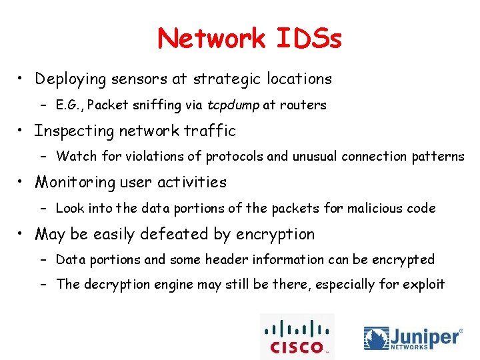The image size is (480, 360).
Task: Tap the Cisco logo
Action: pyautogui.click(x=297, y=337)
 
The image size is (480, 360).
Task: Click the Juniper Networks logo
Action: pyautogui.click(x=413, y=337)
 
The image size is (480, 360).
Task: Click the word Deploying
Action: pyautogui.click(x=71, y=79)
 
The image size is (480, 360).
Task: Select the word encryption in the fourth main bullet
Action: pyautogui.click(x=274, y=235)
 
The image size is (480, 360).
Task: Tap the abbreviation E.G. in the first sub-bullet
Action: pyautogui.click(x=69, y=105)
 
